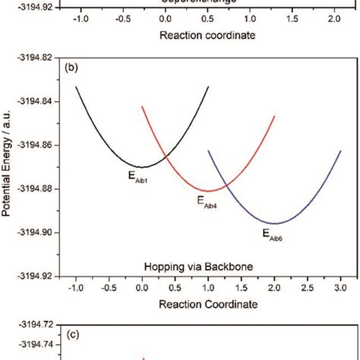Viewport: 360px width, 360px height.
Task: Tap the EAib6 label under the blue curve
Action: (x=273, y=233)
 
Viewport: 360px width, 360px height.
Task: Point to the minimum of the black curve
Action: (x=141, y=166)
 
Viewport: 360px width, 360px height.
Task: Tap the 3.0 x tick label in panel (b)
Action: (x=340, y=289)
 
